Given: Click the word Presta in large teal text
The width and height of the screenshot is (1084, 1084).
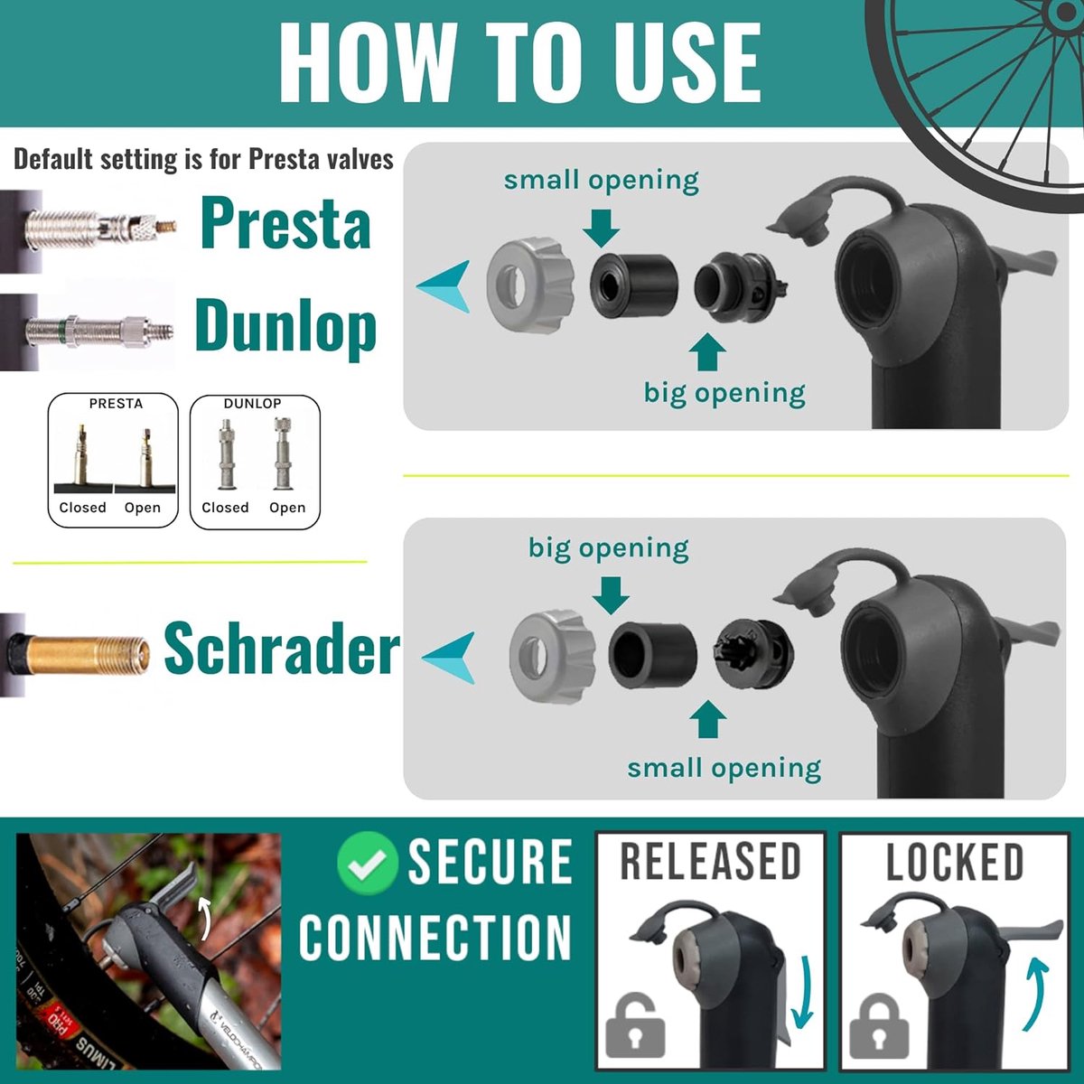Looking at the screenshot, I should coord(285,223).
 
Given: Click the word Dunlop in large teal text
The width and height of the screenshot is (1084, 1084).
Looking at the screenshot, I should coord(285,327).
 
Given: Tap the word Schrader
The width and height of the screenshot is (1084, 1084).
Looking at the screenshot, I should coord(281,649).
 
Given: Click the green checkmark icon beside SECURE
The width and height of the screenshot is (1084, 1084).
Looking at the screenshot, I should coord(367,862).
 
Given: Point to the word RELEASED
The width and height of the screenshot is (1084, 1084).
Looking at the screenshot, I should coord(710,862).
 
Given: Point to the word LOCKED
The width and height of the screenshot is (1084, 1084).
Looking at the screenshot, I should coord(954,862).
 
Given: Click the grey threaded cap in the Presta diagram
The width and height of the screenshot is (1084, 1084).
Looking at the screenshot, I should coord(529,285).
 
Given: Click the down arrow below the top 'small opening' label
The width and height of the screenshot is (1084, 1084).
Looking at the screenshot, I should coord(601,227).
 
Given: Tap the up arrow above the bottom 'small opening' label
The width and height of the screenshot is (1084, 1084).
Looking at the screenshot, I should coord(707,721).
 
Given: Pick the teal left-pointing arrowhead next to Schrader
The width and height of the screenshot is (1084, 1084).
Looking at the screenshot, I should coord(451,657).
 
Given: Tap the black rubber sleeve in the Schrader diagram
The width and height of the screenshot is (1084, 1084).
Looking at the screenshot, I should coord(652,654).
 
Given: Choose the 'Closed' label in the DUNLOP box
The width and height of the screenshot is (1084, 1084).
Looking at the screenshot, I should coord(225,508).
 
